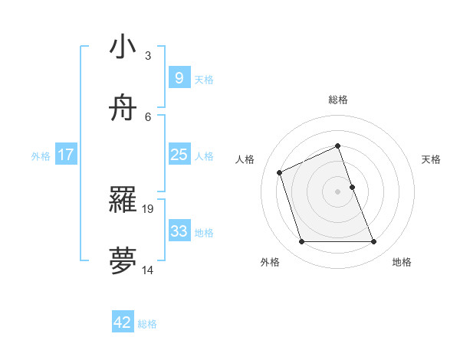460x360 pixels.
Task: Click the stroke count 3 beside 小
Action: [148, 55]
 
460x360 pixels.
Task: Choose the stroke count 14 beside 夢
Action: [148, 270]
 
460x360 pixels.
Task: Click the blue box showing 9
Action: [179, 78]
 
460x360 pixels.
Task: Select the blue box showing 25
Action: [179, 155]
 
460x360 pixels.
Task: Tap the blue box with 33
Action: [179, 231]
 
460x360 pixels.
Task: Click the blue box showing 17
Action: [66, 155]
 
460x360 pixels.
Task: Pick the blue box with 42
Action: [123, 322]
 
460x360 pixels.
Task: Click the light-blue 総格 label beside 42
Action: [147, 324]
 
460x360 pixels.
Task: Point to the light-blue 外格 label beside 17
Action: [41, 156]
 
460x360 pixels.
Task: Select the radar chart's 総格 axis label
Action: [338, 100]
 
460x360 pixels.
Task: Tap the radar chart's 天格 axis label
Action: [431, 159]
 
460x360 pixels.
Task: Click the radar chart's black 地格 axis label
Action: [402, 262]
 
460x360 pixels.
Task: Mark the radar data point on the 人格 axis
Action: [281, 172]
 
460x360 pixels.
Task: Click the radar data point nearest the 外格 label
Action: [301, 242]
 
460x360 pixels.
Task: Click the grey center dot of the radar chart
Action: [338, 191]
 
